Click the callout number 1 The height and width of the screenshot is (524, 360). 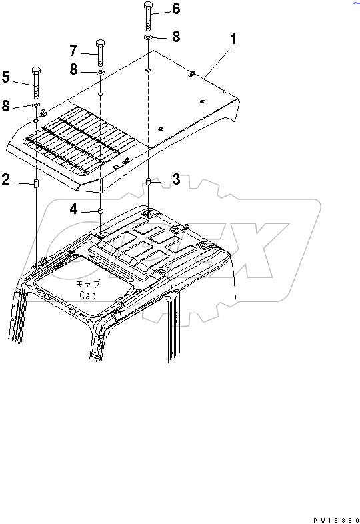(x=233, y=39)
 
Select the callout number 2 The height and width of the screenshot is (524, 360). (x=6, y=179)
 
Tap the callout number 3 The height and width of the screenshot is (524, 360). (x=176, y=179)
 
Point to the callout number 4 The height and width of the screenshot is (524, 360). (x=73, y=209)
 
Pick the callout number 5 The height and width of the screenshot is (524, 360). (x=6, y=77)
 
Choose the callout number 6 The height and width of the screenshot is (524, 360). (x=176, y=9)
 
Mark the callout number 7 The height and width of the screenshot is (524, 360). (x=73, y=51)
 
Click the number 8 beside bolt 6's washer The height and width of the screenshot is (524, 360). (x=176, y=37)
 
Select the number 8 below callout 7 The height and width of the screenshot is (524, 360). (x=73, y=69)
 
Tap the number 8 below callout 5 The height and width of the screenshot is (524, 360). (x=6, y=105)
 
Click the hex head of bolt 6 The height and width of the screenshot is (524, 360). (x=149, y=5)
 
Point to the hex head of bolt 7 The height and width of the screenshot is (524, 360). (x=100, y=44)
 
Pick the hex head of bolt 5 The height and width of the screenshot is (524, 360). (x=36, y=71)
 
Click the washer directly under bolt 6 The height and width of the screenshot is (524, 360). (x=149, y=37)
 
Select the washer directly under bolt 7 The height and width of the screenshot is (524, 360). (x=100, y=72)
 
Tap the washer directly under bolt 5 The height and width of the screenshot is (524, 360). (x=36, y=105)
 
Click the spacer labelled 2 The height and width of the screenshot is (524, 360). (x=36, y=183)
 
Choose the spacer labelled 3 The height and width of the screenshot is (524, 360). (x=149, y=182)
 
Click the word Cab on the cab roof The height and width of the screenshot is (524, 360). (x=87, y=295)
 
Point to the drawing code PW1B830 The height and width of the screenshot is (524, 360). (x=336, y=520)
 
